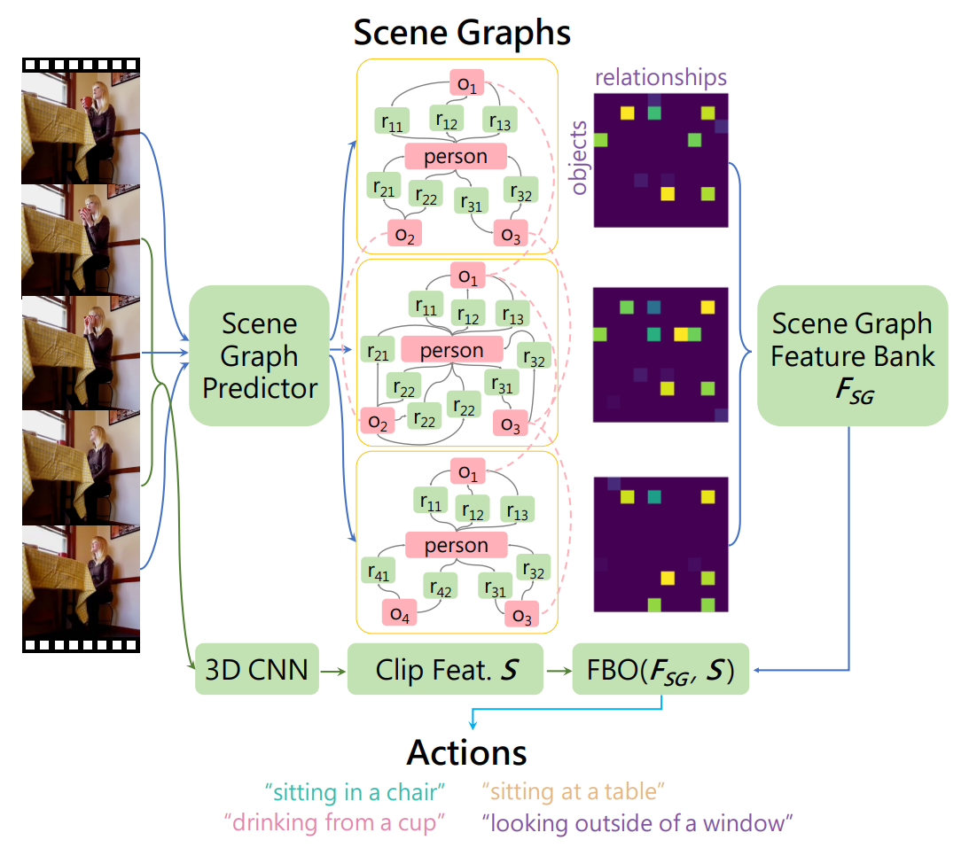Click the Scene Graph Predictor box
260,355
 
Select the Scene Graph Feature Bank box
852,355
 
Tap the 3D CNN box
256,669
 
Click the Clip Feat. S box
445,669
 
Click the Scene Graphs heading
462,33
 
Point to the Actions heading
466,753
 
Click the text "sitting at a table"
574,790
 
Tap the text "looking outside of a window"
637,822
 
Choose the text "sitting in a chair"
354,790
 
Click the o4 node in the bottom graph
400,613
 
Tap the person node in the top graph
456,157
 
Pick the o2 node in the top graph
404,234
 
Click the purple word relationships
660,77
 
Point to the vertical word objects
580,157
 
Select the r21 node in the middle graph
378,350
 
